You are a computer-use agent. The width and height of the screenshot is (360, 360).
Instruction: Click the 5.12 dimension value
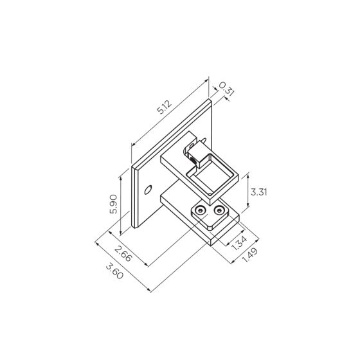165,108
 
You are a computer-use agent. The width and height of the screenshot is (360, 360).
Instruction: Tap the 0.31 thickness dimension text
224,89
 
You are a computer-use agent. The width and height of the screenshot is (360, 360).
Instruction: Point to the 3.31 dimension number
258,192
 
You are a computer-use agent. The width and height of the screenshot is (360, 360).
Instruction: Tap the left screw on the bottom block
203,211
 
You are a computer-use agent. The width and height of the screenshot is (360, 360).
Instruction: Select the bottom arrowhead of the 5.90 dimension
120,234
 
